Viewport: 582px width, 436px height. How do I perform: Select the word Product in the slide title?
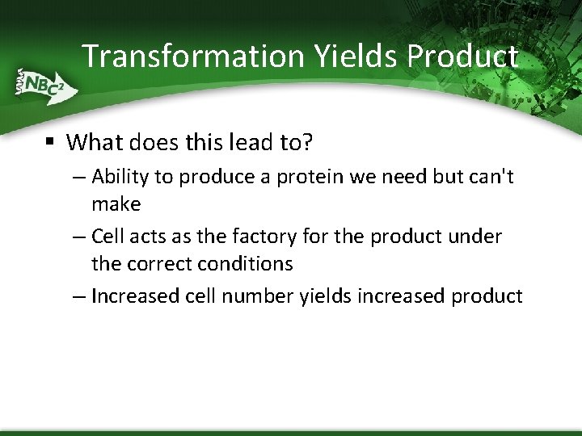462,56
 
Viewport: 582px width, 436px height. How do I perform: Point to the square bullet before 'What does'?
50,142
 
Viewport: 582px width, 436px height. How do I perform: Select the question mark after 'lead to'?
307,143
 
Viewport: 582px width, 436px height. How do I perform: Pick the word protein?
307,177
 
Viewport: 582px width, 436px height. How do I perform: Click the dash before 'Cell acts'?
78,237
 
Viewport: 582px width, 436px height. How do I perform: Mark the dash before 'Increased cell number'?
78,296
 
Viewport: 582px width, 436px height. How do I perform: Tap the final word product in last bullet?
487,296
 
